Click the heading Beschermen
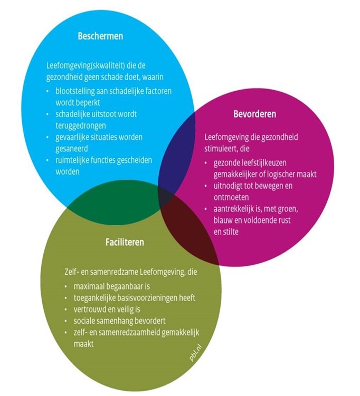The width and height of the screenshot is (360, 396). [100, 37]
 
